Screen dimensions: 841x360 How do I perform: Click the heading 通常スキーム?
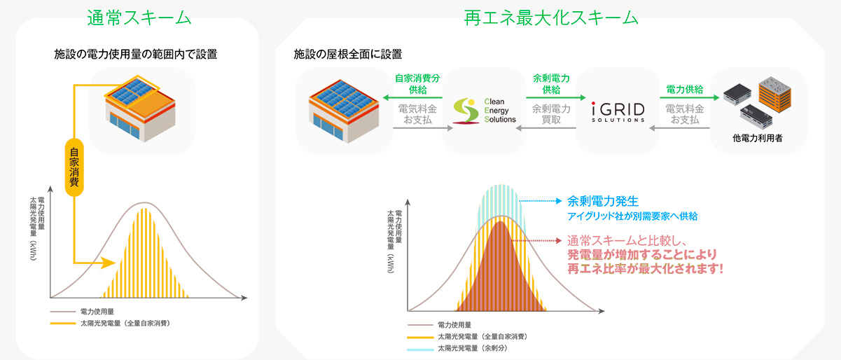[x=139, y=18]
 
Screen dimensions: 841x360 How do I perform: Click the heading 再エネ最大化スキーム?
[x=551, y=18]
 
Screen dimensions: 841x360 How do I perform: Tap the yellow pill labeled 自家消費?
[x=74, y=167]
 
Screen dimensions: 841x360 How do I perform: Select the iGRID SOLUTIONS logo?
[x=618, y=112]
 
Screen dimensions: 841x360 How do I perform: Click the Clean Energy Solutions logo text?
[x=500, y=111]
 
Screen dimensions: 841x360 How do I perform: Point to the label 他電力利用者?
[x=757, y=138]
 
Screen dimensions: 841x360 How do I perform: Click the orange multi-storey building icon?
[x=775, y=95]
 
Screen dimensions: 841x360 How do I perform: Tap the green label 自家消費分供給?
[x=417, y=84]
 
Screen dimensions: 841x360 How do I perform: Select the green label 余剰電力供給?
[x=551, y=84]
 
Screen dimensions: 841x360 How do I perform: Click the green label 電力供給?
[x=684, y=90]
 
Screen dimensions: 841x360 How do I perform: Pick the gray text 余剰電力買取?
[x=551, y=114]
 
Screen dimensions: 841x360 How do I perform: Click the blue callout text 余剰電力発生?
[x=603, y=202]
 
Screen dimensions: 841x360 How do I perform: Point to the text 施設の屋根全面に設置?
[x=347, y=55]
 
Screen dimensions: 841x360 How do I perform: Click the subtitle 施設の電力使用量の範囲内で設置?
[x=136, y=55]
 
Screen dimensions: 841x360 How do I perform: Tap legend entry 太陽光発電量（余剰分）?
[x=472, y=348]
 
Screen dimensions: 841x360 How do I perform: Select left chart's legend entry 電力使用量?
[x=97, y=312]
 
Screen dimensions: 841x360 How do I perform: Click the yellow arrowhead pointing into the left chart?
[x=109, y=263]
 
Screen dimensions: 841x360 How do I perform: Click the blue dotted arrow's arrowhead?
[x=559, y=201]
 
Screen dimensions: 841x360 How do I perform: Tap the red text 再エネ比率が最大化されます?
[x=645, y=269]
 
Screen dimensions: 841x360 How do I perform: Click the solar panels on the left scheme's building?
[x=132, y=91]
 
